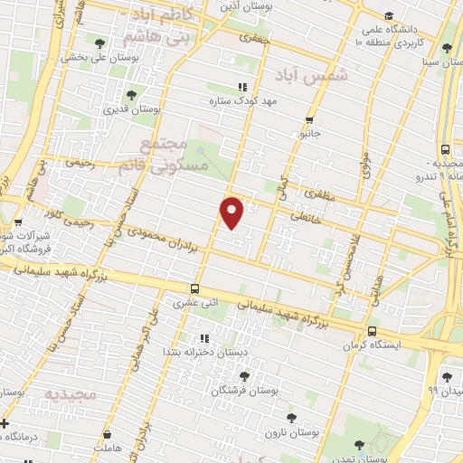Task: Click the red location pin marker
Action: point(232,212)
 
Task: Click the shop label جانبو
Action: point(310,133)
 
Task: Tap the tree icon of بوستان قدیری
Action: point(132,95)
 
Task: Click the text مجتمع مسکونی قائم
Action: point(177,156)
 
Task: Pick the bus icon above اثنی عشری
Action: point(195,289)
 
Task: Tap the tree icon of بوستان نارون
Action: point(291,417)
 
